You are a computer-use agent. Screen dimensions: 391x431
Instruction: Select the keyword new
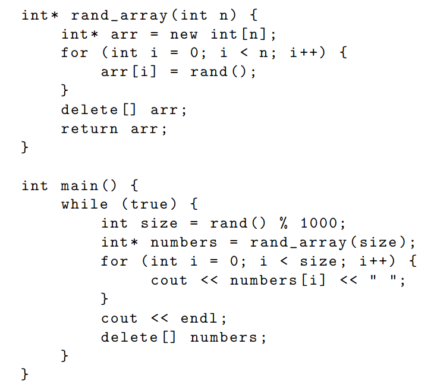(185, 34)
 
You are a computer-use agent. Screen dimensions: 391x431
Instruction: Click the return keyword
(89, 128)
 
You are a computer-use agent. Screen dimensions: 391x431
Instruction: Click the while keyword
(84, 204)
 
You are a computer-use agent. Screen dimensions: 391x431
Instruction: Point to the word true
(150, 204)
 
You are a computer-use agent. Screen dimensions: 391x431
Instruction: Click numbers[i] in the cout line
(278, 280)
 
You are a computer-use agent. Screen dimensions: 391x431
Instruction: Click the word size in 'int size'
(159, 223)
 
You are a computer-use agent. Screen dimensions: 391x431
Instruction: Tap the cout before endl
(119, 319)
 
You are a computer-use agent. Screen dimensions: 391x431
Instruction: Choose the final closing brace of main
(25, 375)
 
